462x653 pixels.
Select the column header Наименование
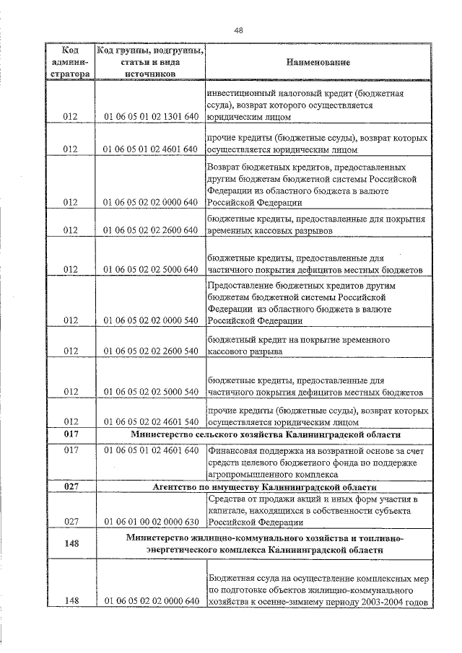click(x=318, y=63)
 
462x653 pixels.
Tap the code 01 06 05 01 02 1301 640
click(x=151, y=116)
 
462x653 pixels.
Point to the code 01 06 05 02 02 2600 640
click(x=151, y=231)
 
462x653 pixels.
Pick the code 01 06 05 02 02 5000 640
click(x=151, y=270)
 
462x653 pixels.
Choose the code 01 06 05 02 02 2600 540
click(x=151, y=351)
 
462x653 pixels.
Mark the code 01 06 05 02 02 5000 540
click(x=151, y=393)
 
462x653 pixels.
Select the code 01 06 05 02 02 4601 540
click(x=151, y=421)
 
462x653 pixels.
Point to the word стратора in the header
click(x=71, y=74)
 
